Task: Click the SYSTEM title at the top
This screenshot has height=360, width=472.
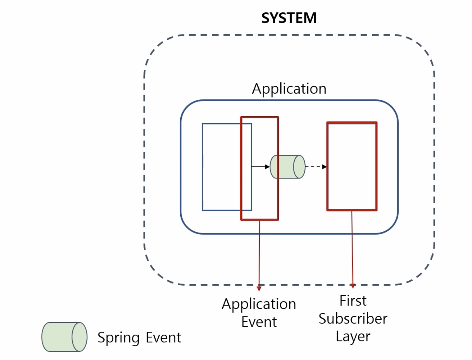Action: pyautogui.click(x=289, y=18)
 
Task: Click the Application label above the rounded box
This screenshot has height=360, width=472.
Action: pyautogui.click(x=289, y=89)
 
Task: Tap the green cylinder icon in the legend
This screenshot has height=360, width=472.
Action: pyautogui.click(x=64, y=337)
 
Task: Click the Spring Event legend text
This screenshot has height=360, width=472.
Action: pyautogui.click(x=139, y=337)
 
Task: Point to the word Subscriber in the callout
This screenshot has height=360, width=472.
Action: pyautogui.click(x=353, y=318)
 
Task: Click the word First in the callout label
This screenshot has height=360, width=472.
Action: pyautogui.click(x=353, y=301)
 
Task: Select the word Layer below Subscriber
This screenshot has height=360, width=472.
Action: pyautogui.click(x=353, y=336)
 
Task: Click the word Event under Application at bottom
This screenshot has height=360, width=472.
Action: pyautogui.click(x=259, y=322)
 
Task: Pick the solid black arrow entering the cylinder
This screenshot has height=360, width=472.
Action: pyautogui.click(x=260, y=167)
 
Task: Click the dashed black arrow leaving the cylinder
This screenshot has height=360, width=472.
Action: pyautogui.click(x=316, y=167)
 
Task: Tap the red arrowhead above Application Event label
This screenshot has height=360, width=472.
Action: pyautogui.click(x=259, y=288)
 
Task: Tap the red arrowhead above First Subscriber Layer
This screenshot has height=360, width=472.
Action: pyautogui.click(x=352, y=286)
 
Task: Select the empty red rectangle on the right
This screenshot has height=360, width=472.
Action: pyautogui.click(x=352, y=167)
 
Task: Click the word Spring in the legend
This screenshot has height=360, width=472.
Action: pyautogui.click(x=119, y=338)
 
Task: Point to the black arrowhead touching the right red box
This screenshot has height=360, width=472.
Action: pyautogui.click(x=324, y=167)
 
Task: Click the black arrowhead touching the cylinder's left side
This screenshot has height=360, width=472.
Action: pyautogui.click(x=267, y=167)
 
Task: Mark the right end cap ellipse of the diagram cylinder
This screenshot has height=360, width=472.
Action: pyautogui.click(x=299, y=167)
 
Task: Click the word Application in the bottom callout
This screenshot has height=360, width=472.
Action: pyautogui.click(x=259, y=304)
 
